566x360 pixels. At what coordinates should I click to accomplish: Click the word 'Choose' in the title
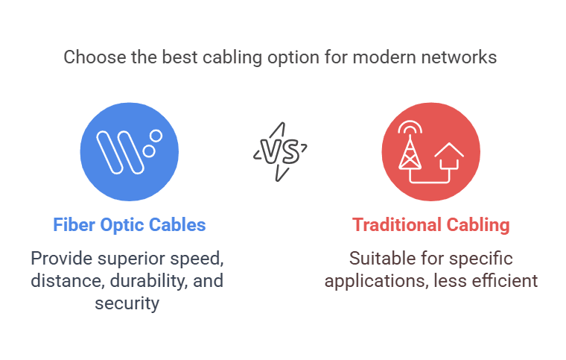pos(95,57)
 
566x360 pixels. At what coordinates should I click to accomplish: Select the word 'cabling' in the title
pos(232,58)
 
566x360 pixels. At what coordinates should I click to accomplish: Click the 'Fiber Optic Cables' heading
pos(130,224)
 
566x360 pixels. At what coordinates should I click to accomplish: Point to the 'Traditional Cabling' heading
pos(430,225)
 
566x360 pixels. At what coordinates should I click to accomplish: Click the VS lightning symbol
pos(281,151)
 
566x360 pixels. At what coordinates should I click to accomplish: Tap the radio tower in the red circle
pos(410,152)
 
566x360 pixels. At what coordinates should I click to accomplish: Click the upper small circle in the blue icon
pos(156,136)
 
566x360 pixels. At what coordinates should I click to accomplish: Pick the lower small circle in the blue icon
pos(149,151)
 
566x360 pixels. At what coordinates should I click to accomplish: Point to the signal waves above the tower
pos(410,127)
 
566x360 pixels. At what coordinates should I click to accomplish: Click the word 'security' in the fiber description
pos(127,303)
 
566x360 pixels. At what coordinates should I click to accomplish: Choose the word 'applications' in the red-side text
pos(376,281)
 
